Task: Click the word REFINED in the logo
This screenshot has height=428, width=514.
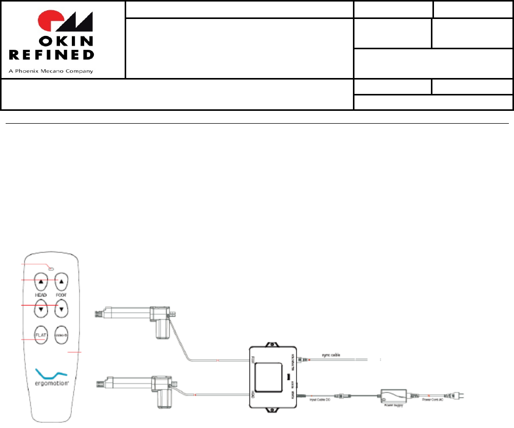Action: tap(52, 54)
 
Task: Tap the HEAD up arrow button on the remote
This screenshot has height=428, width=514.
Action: tap(41, 281)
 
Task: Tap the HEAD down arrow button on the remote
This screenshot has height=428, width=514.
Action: tap(41, 308)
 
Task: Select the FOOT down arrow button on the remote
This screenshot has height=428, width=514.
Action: tap(62, 308)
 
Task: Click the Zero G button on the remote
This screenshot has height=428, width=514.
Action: tap(62, 335)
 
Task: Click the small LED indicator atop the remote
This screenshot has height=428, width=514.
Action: tap(51, 267)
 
